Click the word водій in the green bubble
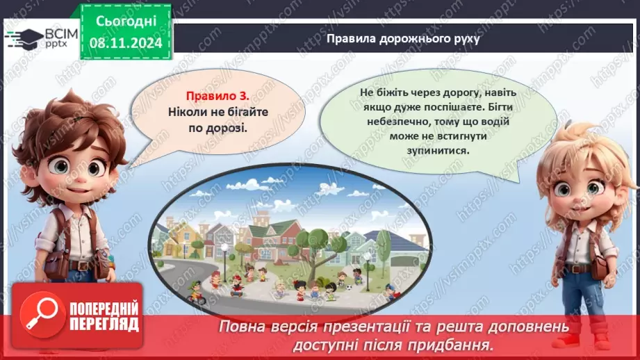tap(496, 121)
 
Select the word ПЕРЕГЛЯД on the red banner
tap(104, 324)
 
